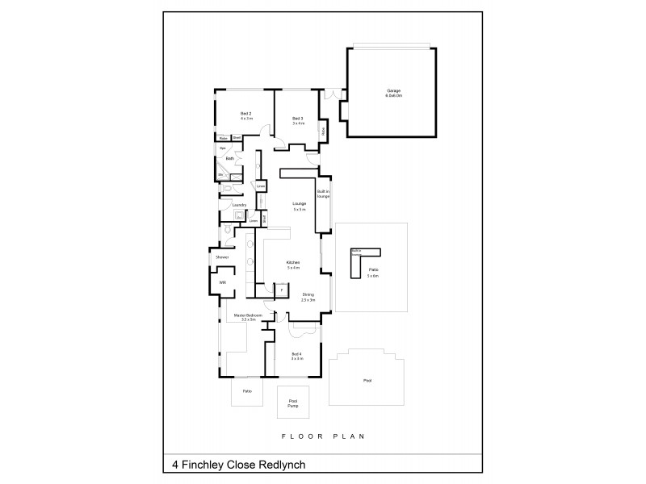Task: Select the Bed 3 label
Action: pos(298,120)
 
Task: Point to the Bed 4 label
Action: pos(297,356)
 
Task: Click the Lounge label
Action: pos(300,206)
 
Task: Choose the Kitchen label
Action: pos(294,265)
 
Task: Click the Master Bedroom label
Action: pos(245,317)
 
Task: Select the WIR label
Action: pos(223,283)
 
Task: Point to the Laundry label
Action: pos(239,205)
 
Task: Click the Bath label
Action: pos(230,159)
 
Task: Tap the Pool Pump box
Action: pos(294,403)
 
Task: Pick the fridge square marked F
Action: pos(282,290)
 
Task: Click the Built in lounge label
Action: pos(323,194)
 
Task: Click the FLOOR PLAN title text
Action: pos(324,436)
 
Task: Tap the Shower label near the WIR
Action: pos(222,257)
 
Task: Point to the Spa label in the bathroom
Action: pos(222,148)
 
